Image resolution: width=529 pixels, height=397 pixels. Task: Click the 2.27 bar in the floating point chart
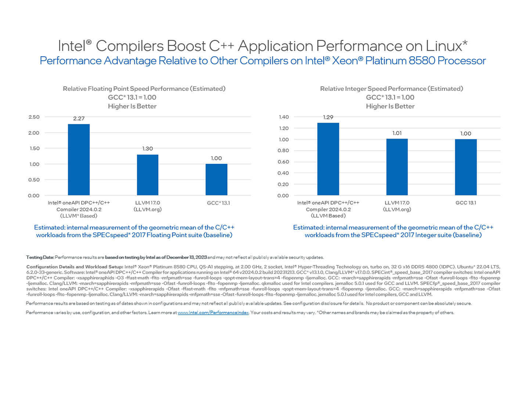[79, 160]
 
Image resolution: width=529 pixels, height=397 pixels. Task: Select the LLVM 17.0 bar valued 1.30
[147, 175]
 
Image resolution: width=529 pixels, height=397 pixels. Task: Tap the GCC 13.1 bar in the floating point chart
[216, 180]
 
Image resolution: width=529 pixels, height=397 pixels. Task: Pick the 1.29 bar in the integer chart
[328, 159]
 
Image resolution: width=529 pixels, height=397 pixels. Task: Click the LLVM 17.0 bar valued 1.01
[397, 167]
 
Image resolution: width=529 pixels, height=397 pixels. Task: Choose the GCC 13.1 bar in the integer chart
[466, 167]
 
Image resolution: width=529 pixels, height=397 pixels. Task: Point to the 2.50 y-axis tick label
[34, 117]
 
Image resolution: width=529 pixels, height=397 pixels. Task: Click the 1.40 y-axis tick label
[284, 117]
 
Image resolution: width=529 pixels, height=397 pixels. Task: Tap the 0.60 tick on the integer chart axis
[284, 162]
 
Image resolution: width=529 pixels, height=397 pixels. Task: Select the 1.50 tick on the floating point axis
[34, 148]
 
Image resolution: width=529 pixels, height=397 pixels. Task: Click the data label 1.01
[397, 133]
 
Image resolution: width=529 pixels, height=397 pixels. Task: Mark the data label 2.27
[79, 118]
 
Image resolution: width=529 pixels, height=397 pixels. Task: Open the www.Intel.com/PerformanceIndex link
[213, 312]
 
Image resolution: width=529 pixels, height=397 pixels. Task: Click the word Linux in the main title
[444, 46]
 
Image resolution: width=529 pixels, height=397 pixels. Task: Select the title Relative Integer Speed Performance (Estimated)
[391, 89]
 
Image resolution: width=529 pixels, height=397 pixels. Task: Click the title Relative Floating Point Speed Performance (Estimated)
[144, 89]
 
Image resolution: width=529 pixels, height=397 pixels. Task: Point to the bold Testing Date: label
[40, 257]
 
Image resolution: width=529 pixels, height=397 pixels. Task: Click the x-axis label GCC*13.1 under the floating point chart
[218, 203]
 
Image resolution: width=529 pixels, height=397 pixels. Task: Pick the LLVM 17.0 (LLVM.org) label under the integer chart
[397, 206]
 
